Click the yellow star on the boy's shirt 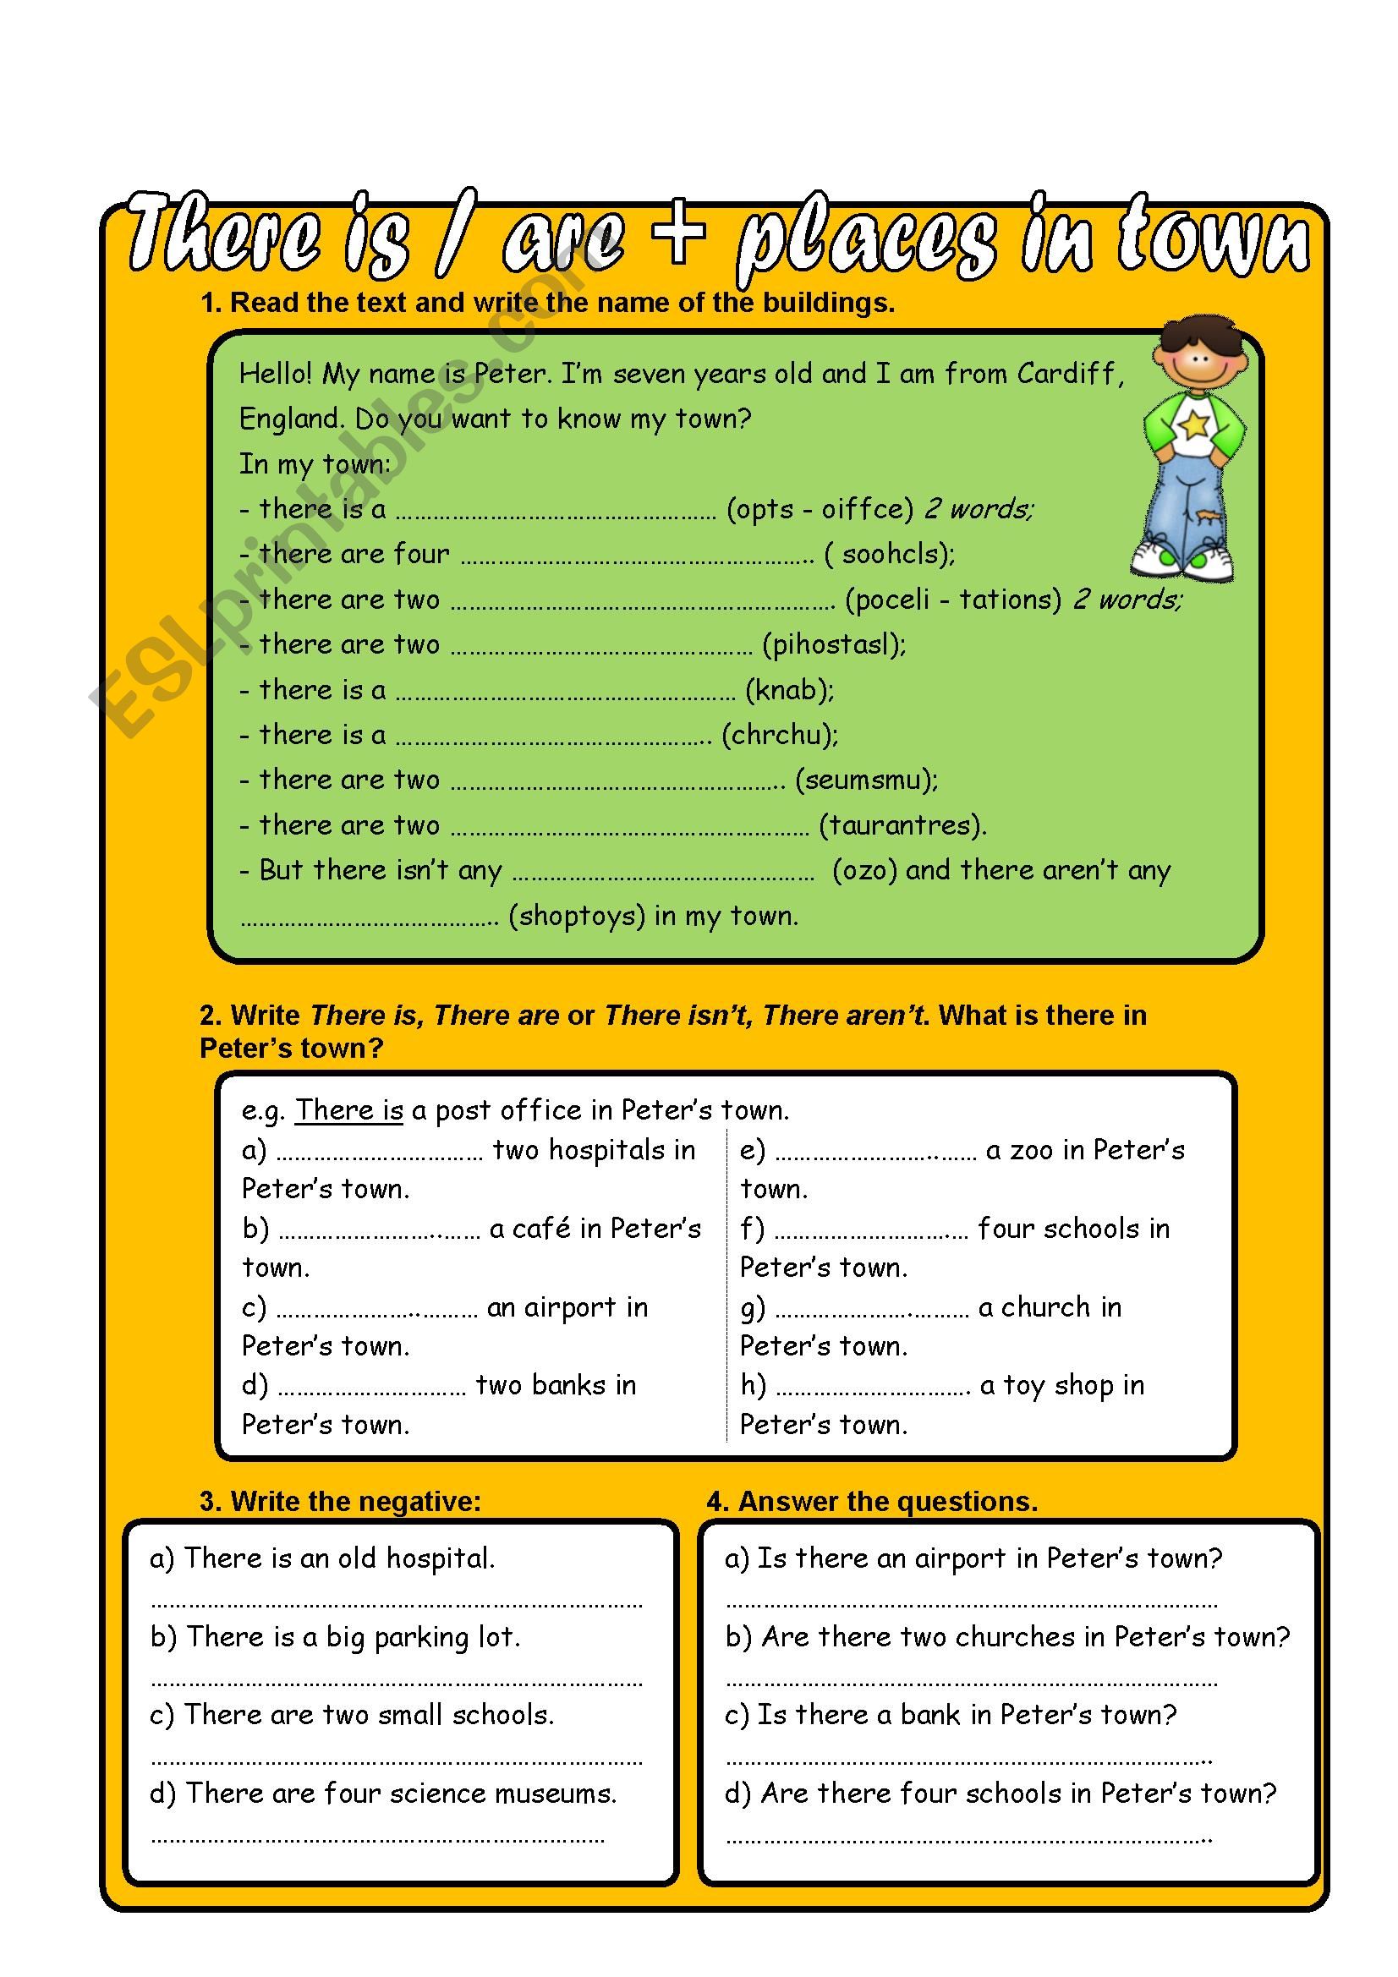pos(1194,424)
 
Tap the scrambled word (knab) pos(789,690)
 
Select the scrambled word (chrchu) pos(780,735)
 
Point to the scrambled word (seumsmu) pos(866,780)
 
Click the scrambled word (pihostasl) pos(834,644)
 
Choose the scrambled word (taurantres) pos(902,825)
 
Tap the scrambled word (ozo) pos(865,870)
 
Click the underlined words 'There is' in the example pos(348,1110)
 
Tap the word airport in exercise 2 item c pos(570,1307)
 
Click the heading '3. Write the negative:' pos(340,1502)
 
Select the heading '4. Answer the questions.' pos(872,1502)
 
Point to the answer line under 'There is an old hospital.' pos(397,1604)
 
